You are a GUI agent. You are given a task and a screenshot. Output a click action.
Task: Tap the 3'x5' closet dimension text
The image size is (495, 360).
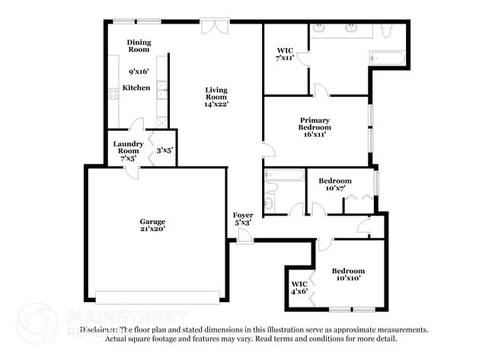164,151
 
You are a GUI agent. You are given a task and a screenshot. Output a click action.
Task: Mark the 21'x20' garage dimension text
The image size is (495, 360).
152,228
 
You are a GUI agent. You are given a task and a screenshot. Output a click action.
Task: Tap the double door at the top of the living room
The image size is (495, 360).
212,26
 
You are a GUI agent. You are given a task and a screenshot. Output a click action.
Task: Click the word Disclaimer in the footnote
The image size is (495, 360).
99,330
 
